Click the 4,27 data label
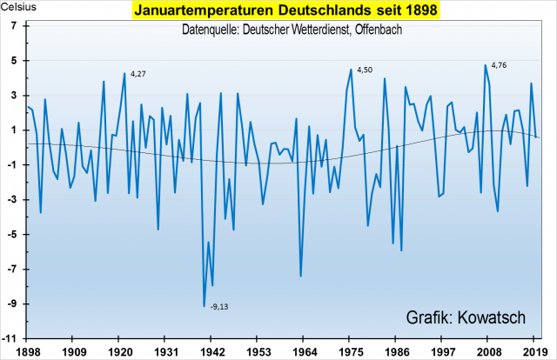(x=138, y=75)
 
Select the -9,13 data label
(x=219, y=307)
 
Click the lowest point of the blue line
(x=205, y=306)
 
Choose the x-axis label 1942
(x=208, y=351)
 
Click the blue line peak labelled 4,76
(x=486, y=65)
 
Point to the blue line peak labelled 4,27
(x=124, y=73)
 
